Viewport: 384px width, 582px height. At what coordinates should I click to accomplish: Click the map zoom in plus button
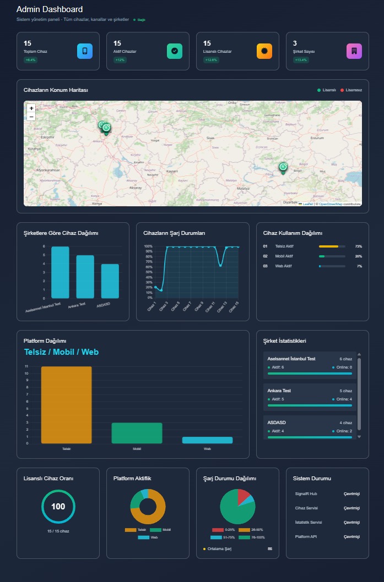click(x=31, y=108)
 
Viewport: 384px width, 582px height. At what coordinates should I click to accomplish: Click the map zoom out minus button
click(x=31, y=117)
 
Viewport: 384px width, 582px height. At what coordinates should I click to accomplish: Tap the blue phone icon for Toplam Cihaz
click(x=85, y=51)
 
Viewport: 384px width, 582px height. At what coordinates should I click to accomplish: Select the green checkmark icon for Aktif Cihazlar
click(x=175, y=51)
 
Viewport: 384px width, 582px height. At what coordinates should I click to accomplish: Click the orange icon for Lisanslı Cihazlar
click(x=264, y=51)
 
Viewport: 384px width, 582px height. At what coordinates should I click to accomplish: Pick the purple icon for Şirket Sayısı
click(x=354, y=51)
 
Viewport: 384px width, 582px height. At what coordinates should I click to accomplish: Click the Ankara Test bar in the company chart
click(x=85, y=277)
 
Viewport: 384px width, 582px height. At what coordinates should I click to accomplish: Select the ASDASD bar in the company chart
click(x=110, y=281)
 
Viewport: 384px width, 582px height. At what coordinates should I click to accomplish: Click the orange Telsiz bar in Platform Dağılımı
click(x=66, y=405)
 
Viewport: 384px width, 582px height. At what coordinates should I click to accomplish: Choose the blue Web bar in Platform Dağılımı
click(x=207, y=440)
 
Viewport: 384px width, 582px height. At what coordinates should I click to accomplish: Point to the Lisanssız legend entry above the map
click(x=351, y=90)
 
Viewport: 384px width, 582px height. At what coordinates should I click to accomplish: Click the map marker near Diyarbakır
click(x=283, y=168)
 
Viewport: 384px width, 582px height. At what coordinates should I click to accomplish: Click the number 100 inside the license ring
click(x=58, y=507)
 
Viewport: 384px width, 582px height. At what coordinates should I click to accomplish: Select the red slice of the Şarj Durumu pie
click(x=243, y=496)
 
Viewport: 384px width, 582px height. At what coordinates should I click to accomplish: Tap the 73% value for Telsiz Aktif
click(x=358, y=246)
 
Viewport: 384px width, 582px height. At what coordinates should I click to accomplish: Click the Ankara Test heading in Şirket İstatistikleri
click(x=279, y=391)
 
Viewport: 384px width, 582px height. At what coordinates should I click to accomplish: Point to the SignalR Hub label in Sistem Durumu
click(x=306, y=494)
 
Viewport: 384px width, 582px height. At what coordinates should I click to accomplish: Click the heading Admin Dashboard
click(x=50, y=9)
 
